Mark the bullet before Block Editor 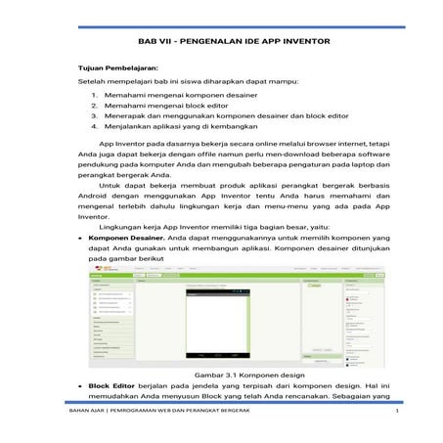click(82, 386)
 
